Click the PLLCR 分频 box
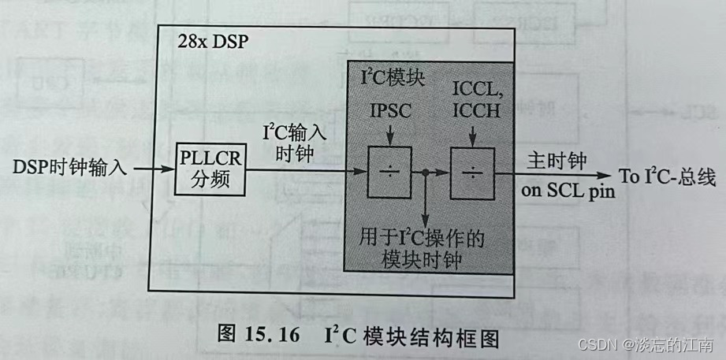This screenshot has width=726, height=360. point(210,169)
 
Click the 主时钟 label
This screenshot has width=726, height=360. point(555,161)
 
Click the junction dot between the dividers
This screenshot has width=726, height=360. point(426,171)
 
